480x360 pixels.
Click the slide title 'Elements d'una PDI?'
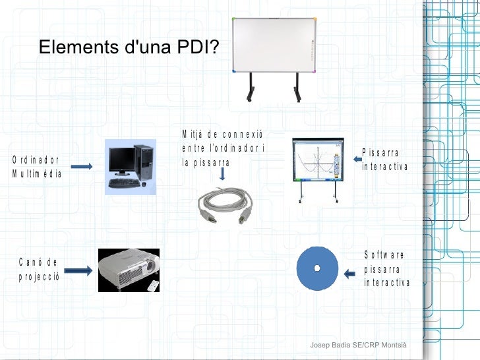(130, 47)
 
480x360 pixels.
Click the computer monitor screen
(122, 158)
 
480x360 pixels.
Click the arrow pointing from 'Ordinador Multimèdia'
(82, 167)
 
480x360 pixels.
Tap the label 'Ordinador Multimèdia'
(37, 167)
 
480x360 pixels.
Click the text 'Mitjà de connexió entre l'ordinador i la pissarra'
(223, 148)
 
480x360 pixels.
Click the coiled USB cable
(225, 204)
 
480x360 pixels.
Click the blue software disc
(317, 268)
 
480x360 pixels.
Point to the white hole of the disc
(317, 268)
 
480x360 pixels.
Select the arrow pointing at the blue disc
(352, 270)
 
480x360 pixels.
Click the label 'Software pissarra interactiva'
(386, 269)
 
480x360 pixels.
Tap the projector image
(128, 269)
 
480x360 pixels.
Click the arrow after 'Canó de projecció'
(78, 270)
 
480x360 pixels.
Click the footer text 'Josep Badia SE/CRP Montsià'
(359, 346)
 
